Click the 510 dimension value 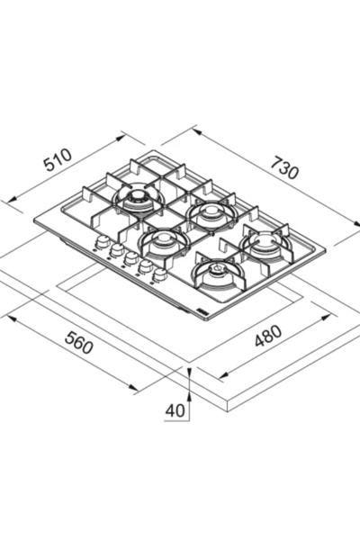click(58, 160)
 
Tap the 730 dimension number click(283, 167)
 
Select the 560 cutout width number click(79, 342)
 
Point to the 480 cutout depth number click(268, 335)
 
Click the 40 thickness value click(175, 410)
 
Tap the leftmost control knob click(102, 242)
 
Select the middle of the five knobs click(130, 258)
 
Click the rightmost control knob click(160, 275)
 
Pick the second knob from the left click(116, 250)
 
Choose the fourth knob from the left click(146, 267)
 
